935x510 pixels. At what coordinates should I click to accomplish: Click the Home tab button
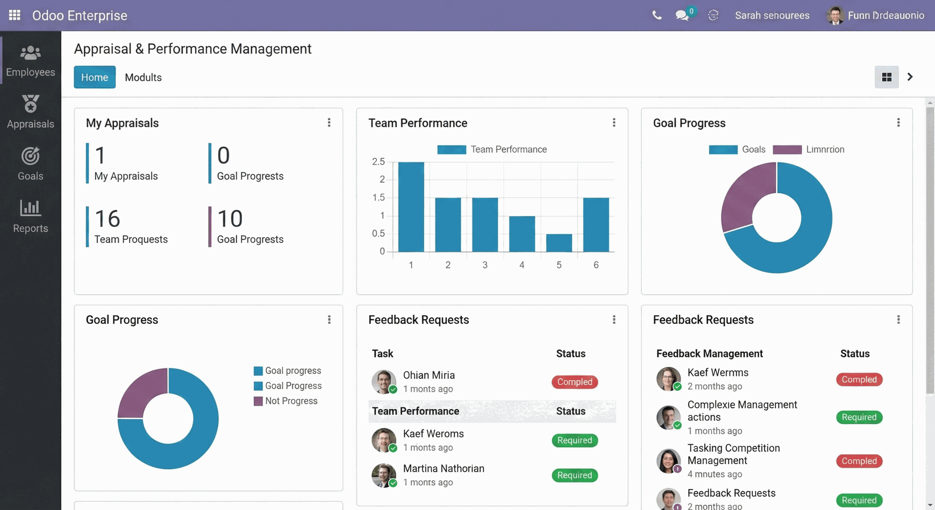94,77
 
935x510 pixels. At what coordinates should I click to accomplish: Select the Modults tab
143,77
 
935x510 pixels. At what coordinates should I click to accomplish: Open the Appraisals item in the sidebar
30,112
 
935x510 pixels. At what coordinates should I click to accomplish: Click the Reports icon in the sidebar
30,208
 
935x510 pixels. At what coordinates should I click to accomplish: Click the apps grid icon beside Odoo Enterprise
15,15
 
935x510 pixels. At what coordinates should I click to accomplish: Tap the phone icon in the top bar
657,15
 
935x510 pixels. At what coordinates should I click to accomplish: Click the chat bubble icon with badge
682,15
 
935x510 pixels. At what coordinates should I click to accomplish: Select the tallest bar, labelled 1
411,207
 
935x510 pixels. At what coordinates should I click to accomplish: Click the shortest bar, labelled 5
559,243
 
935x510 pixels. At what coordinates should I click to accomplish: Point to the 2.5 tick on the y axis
378,162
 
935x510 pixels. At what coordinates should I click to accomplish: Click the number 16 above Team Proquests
107,219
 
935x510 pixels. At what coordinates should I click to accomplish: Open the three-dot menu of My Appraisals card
329,123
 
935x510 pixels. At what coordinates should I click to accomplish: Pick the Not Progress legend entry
291,401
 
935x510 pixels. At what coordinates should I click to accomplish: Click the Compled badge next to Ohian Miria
575,382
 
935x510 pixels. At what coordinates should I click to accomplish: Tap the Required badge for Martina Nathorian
575,475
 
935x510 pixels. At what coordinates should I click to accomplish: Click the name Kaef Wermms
718,373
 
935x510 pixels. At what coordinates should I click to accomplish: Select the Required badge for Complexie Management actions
859,417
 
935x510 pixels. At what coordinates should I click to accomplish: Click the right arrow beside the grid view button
910,77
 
